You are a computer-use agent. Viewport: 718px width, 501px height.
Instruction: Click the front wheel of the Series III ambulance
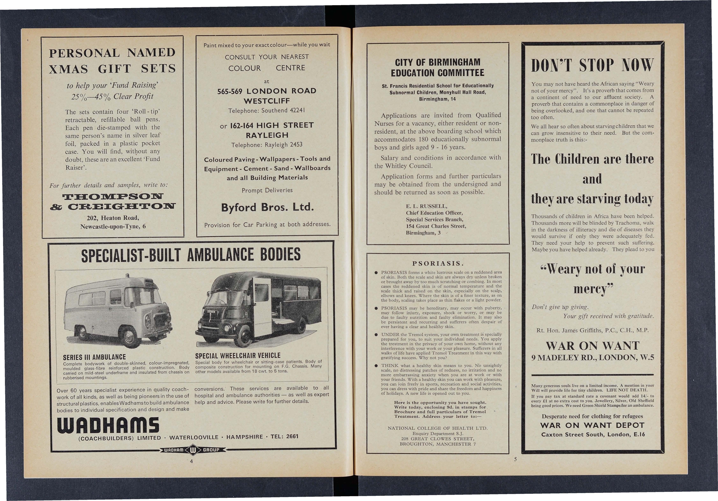(x=129, y=337)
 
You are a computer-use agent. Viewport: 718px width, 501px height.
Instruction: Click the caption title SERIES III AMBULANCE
(x=94, y=357)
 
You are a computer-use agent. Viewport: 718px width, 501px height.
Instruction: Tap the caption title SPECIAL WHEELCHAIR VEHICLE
(x=238, y=356)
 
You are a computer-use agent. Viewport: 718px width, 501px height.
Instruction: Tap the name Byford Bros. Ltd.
(x=267, y=207)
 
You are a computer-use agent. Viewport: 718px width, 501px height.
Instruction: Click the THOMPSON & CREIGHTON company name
(x=113, y=202)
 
